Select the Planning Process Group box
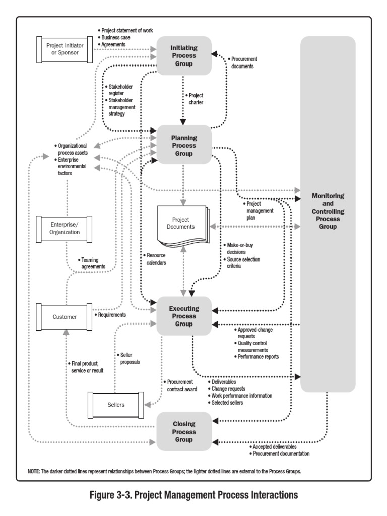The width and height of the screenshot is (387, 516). pyautogui.click(x=183, y=145)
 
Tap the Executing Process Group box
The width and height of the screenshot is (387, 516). pyautogui.click(x=184, y=315)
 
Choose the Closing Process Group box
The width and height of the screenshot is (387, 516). pyautogui.click(x=183, y=431)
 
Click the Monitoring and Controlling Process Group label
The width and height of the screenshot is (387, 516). pyautogui.click(x=328, y=211)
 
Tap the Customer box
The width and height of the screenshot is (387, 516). pyautogui.click(x=64, y=317)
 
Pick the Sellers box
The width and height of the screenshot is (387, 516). pyautogui.click(x=116, y=404)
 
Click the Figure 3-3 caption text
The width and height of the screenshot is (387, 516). pyautogui.click(x=193, y=496)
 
